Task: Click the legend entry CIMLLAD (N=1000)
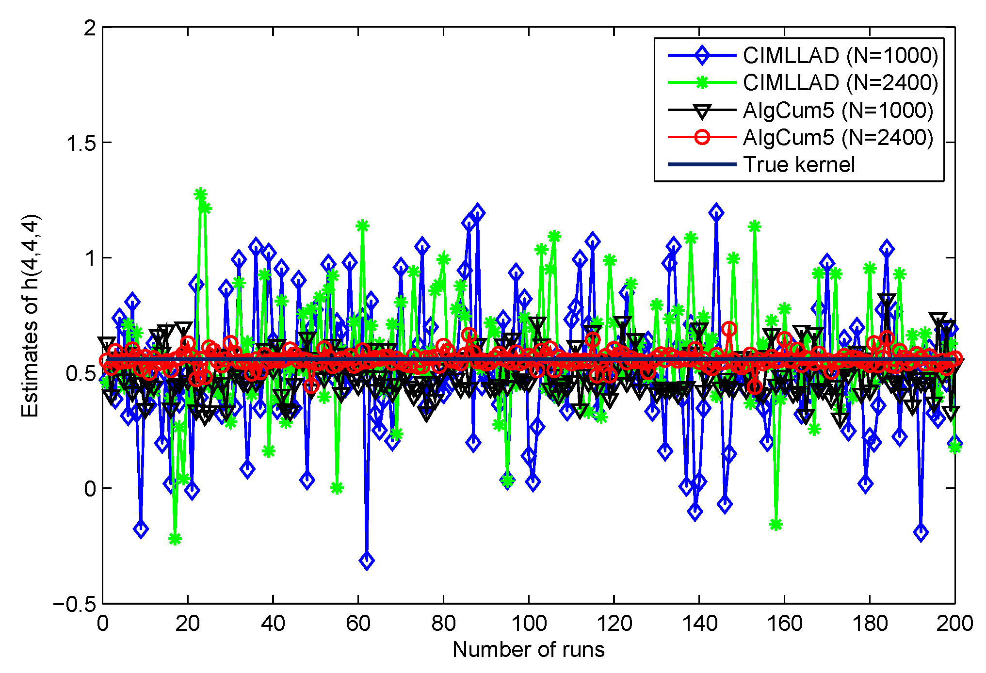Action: click(x=840, y=56)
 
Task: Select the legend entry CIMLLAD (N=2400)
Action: click(x=840, y=83)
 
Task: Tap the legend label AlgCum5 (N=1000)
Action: click(x=838, y=111)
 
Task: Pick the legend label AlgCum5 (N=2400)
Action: click(x=838, y=138)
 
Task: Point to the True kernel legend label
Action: click(x=799, y=165)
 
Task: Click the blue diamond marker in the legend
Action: click(x=702, y=56)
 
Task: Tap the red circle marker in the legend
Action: click(x=702, y=138)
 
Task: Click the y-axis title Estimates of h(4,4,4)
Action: click(x=30, y=316)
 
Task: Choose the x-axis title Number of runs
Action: click(x=528, y=650)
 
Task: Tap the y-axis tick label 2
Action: click(x=90, y=28)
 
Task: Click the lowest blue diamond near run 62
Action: click(x=367, y=561)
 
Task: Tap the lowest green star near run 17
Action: click(x=175, y=539)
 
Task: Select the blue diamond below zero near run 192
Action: click(x=921, y=532)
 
